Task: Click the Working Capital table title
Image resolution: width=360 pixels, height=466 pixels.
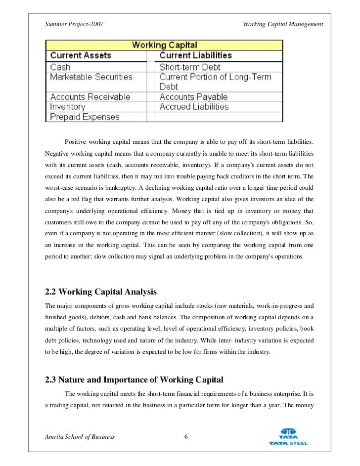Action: [x=164, y=45]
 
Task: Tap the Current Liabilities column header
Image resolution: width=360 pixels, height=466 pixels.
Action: [x=195, y=55]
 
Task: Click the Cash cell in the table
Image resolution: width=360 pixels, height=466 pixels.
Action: [x=60, y=67]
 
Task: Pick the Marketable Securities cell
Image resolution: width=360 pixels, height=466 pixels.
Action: [x=91, y=77]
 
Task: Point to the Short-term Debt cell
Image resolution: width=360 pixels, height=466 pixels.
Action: [x=190, y=67]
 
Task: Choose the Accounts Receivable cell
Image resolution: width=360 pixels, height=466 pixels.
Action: [x=90, y=97]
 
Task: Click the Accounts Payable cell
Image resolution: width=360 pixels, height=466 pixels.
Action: [x=193, y=97]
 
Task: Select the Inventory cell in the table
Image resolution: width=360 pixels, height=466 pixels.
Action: [x=68, y=107]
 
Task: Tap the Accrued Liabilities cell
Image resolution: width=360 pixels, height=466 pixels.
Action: [x=194, y=107]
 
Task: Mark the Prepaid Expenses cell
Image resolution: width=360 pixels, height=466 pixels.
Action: [x=85, y=117]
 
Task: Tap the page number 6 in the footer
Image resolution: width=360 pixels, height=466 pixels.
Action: [x=185, y=436]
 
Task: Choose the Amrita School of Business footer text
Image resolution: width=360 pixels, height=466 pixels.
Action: [x=80, y=437]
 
